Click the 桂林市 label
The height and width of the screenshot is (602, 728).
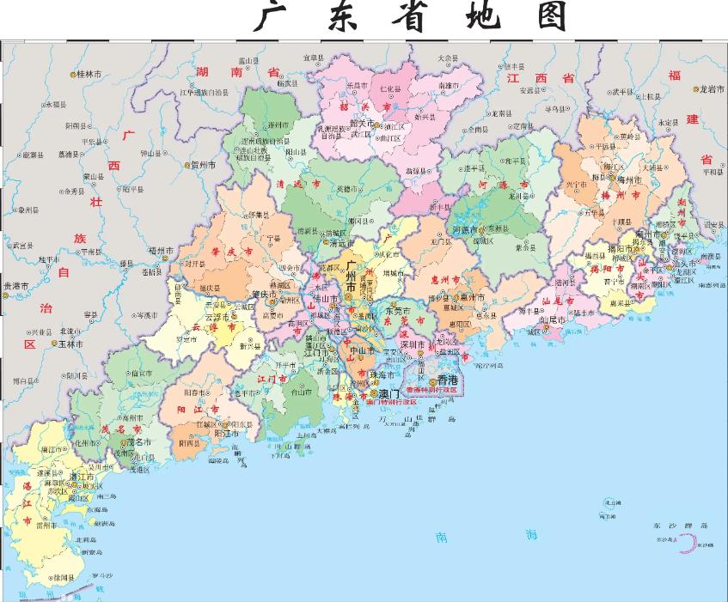(x=89, y=75)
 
